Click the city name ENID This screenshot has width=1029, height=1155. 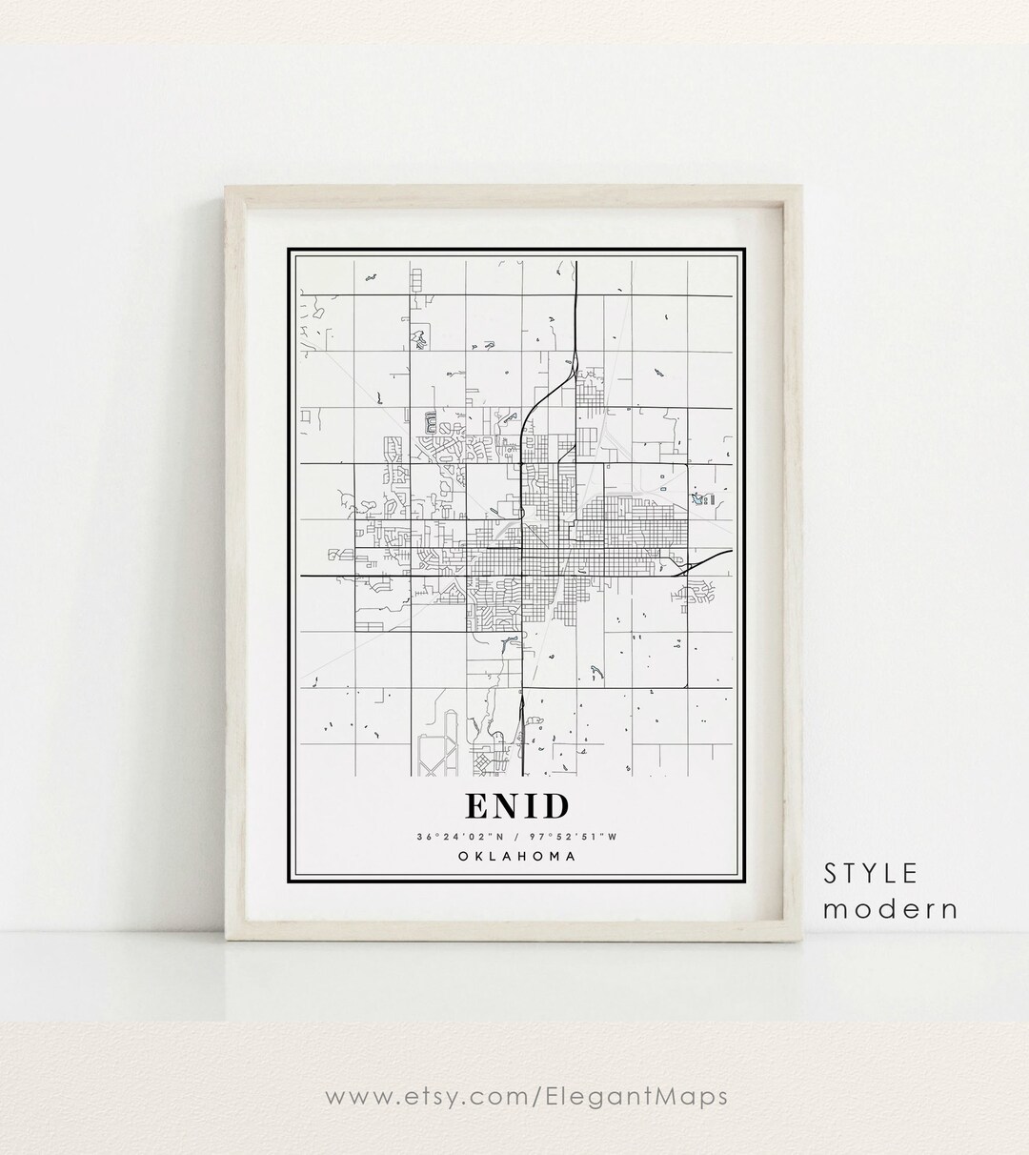pyautogui.click(x=517, y=806)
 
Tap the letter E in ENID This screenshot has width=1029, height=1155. pyautogui.click(x=476, y=806)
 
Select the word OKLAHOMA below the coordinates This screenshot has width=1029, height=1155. pyautogui.click(x=517, y=856)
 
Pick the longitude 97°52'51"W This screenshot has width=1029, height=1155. pyautogui.click(x=578, y=837)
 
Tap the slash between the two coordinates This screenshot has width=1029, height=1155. pyautogui.click(x=516, y=837)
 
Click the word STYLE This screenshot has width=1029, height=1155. pyautogui.click(x=871, y=873)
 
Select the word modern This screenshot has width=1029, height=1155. pyautogui.click(x=890, y=908)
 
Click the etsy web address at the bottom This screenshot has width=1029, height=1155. pyautogui.click(x=527, y=1097)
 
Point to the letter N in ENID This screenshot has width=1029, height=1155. pyautogui.click(x=507, y=806)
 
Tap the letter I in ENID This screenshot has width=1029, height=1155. pyautogui.click(x=531, y=806)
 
